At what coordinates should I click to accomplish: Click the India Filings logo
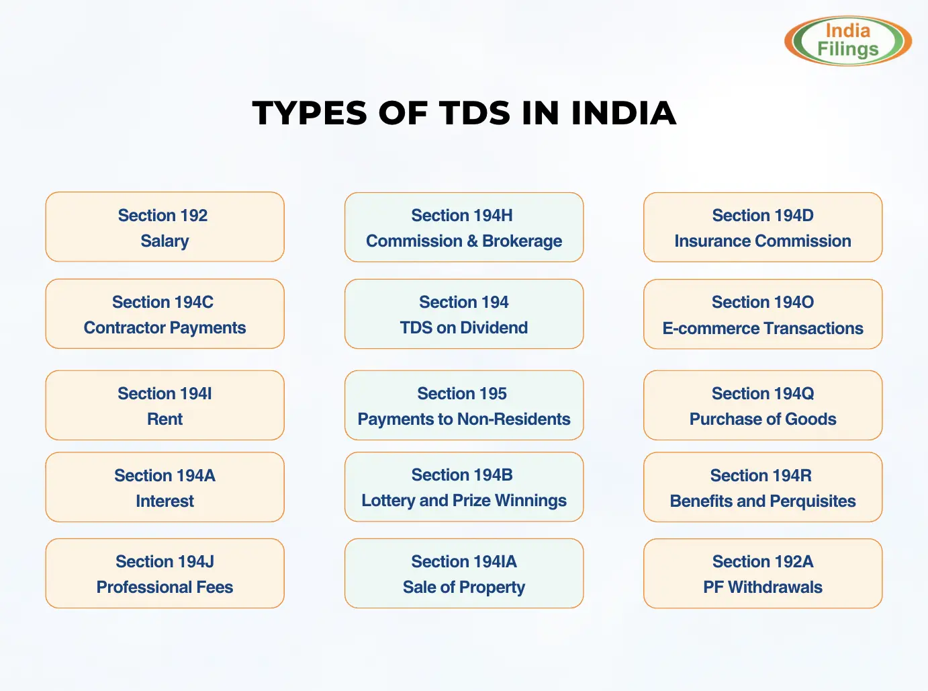click(x=847, y=41)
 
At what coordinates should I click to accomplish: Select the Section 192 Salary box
click(x=165, y=227)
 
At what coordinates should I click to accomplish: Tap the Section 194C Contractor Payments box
click(x=165, y=314)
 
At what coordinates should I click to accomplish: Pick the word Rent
click(x=165, y=419)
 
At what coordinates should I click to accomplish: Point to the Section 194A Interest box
click(x=165, y=487)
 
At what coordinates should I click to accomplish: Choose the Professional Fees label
click(x=165, y=587)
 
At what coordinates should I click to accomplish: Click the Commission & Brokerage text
click(x=463, y=241)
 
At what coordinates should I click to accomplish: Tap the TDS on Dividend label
click(x=463, y=327)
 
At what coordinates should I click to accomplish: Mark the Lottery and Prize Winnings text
click(x=463, y=500)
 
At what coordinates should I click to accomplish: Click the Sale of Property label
click(x=463, y=587)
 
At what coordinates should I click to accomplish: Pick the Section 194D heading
click(x=763, y=215)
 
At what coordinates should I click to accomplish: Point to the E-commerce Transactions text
click(x=763, y=328)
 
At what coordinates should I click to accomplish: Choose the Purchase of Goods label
click(x=763, y=419)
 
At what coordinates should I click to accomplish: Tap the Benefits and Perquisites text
click(x=763, y=501)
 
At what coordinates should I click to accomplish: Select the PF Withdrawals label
click(x=763, y=587)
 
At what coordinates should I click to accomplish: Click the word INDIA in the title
click(x=623, y=113)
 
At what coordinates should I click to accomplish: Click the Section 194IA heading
click(x=463, y=561)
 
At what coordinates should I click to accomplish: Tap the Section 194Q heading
click(x=763, y=393)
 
